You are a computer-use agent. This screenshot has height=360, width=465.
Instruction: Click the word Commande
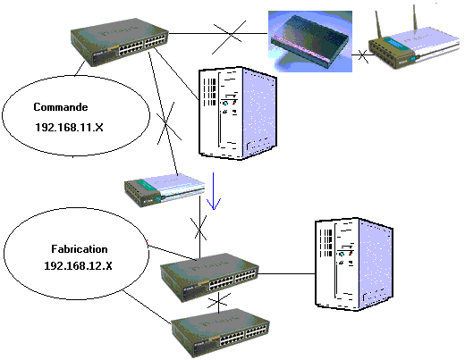click(x=61, y=107)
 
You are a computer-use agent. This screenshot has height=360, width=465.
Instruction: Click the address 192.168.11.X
click(x=69, y=128)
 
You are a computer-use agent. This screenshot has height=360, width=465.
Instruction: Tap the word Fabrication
click(x=80, y=249)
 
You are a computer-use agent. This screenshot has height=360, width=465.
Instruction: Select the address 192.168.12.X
click(x=78, y=265)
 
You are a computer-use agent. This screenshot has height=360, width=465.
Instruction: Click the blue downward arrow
click(x=214, y=191)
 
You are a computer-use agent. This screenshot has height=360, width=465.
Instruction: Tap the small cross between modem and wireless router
click(x=363, y=55)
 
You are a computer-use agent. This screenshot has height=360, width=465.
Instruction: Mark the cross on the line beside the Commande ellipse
click(x=168, y=122)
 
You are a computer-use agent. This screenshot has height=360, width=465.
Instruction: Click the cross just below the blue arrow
click(x=200, y=228)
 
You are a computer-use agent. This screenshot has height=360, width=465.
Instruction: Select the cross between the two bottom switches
click(x=219, y=302)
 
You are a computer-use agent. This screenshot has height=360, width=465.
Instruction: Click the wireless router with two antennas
click(x=414, y=43)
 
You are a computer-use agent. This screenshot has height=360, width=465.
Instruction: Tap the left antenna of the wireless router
click(x=378, y=25)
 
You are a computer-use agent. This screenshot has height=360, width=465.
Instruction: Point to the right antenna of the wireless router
click(x=415, y=17)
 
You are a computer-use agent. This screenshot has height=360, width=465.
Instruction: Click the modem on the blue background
click(x=310, y=41)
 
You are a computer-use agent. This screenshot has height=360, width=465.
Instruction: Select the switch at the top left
click(x=120, y=42)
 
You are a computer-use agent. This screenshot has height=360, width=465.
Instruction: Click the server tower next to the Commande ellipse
click(x=238, y=113)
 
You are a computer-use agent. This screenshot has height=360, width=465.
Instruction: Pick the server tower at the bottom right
click(x=354, y=264)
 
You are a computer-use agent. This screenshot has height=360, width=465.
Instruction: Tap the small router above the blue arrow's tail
click(x=165, y=189)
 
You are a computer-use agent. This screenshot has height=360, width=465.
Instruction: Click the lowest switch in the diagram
click(x=221, y=332)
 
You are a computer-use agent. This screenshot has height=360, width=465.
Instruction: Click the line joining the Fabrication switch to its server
click(x=287, y=273)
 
